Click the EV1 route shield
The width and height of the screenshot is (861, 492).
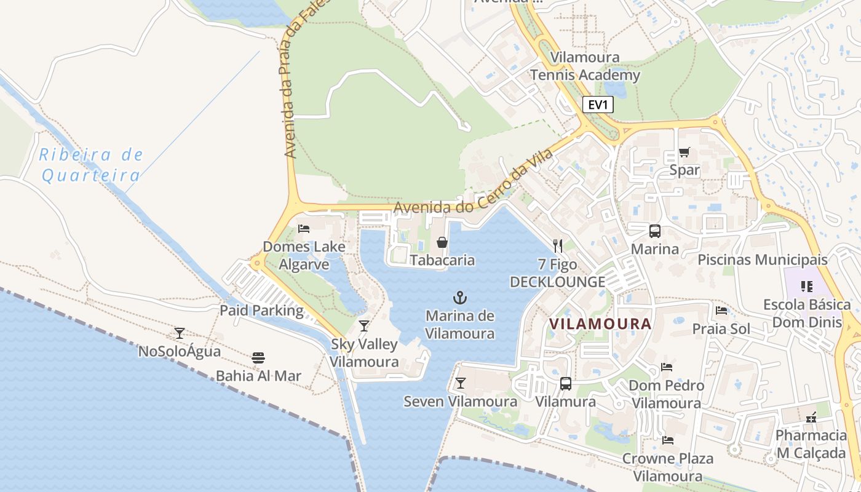click(598, 105)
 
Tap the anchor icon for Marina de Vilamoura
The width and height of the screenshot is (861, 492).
click(460, 298)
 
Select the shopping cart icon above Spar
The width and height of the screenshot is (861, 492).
click(684, 152)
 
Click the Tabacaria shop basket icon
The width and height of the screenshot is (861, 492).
click(442, 242)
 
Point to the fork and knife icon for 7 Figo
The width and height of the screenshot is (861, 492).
click(558, 246)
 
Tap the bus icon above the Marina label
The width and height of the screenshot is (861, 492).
click(655, 231)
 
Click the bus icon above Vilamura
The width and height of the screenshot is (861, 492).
click(566, 384)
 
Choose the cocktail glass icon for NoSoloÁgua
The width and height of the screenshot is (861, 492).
click(180, 333)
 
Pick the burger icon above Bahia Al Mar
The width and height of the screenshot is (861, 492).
click(258, 358)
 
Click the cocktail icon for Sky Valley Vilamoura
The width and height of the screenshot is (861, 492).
click(364, 326)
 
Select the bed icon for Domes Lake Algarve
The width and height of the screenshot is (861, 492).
click(304, 229)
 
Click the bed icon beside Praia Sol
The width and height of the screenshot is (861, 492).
click(721, 311)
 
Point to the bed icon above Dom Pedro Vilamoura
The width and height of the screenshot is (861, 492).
click(667, 367)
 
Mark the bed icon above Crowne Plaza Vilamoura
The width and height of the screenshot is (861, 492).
click(668, 440)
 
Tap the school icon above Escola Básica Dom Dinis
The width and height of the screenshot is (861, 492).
click(806, 286)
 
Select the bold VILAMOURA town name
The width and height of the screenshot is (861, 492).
click(600, 323)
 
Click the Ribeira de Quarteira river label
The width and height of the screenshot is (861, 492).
click(91, 165)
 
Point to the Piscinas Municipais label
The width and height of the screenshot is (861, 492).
click(762, 260)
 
